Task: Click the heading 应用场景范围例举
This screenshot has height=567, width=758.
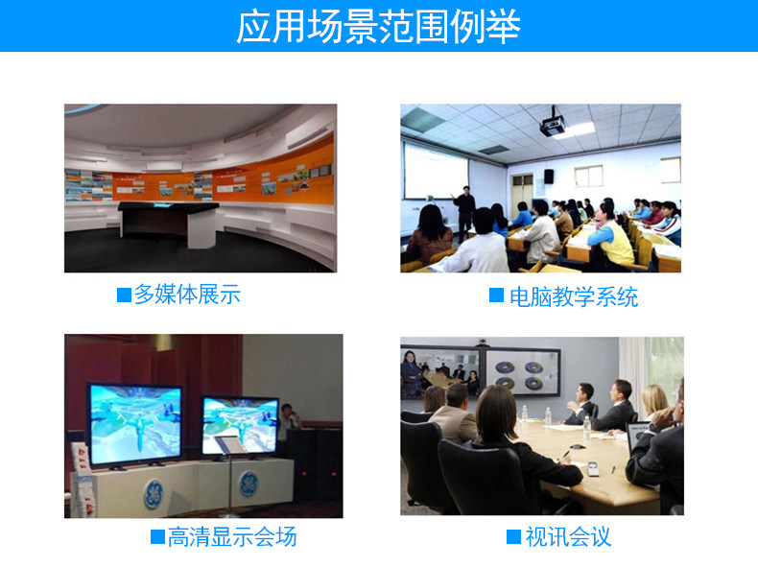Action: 378,26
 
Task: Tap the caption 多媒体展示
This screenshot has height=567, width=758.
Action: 187,294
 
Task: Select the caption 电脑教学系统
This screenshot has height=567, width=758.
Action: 574,296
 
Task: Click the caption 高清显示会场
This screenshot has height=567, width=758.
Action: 232,536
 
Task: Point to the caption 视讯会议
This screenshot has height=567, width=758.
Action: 568,536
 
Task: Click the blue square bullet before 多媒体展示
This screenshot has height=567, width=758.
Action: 124,295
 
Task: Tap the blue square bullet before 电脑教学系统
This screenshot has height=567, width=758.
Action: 496,295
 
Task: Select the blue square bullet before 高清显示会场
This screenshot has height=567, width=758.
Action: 157,537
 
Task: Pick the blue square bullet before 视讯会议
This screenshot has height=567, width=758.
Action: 514,537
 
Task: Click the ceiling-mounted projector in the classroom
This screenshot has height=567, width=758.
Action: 554,123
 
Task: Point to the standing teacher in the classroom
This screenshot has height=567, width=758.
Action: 464,213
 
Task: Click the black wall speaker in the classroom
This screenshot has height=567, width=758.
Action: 549,176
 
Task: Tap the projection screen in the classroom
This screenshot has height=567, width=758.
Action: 436,172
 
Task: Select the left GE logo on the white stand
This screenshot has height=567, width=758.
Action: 154,493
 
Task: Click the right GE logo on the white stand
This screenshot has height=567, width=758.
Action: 249,484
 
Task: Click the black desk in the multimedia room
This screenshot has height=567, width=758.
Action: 169,224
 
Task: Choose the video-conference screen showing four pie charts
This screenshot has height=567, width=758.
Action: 523,372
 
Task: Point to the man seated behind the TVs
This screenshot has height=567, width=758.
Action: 288,416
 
